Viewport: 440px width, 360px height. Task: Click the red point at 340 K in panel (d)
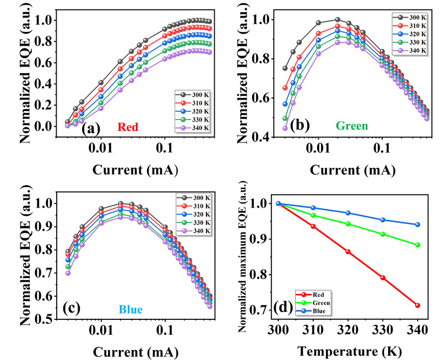click(417, 306)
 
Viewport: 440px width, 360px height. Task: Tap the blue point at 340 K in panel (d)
click(417, 225)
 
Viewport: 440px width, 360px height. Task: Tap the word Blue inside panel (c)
click(129, 310)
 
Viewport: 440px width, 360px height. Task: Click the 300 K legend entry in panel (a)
click(191, 93)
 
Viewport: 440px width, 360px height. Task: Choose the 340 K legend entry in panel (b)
click(412, 51)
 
